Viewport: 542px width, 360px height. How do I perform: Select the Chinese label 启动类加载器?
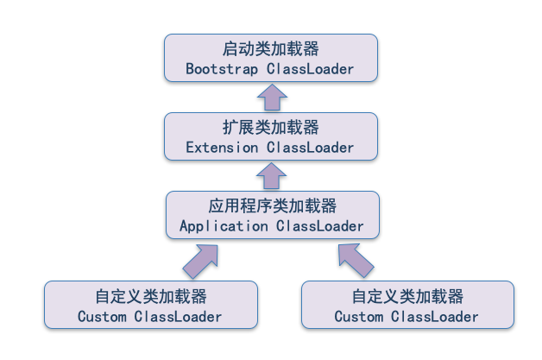270,48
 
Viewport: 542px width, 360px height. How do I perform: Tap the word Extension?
222,148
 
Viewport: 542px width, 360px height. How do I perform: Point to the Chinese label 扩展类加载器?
270,128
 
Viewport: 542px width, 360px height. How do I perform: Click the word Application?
224,226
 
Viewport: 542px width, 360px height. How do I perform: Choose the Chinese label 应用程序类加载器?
271,206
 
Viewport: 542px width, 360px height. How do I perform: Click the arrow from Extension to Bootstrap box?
272,97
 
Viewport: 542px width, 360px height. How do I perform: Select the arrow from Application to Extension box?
272,177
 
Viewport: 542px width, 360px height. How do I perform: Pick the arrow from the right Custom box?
354,256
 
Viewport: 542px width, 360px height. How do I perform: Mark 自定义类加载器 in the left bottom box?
150,296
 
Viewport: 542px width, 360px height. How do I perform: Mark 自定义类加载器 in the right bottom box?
407,296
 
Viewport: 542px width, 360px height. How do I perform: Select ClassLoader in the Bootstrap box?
311,68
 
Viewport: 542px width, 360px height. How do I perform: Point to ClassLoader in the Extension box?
311,148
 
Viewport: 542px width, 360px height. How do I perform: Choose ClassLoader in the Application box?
320,226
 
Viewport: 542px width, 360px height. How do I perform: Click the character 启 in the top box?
230,48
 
